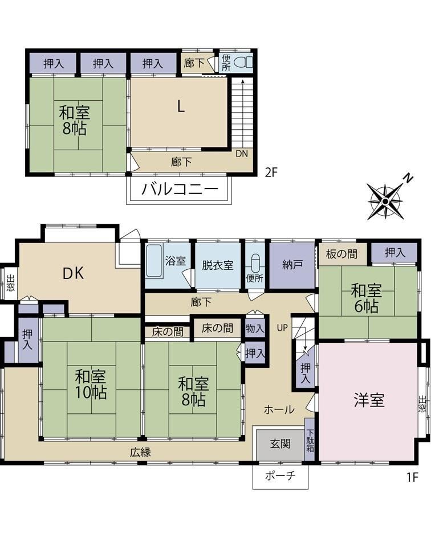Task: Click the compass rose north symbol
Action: [385, 201]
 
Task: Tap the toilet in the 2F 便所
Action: [243, 63]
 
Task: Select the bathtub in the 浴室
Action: [153, 261]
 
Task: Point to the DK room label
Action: [73, 273]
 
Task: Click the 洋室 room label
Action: [369, 400]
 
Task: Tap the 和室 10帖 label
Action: [91, 384]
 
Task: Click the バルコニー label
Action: [180, 188]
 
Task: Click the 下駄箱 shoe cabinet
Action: [310, 440]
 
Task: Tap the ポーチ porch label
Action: [280, 476]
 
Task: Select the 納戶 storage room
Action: [292, 265]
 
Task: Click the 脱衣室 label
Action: [218, 265]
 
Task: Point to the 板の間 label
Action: [341, 254]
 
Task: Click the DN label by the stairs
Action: [242, 154]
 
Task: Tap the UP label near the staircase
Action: [282, 328]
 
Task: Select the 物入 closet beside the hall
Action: [255, 328]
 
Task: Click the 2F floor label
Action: [271, 172]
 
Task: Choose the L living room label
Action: [181, 106]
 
